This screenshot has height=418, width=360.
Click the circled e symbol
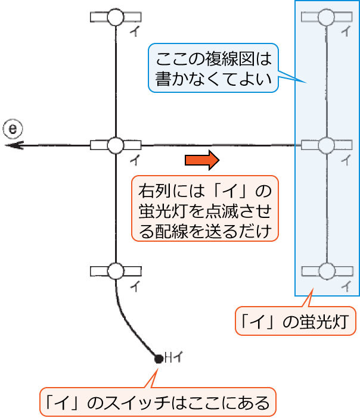(x=12, y=127)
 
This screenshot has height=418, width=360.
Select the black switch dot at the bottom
(x=158, y=358)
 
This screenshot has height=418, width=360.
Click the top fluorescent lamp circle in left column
(x=115, y=17)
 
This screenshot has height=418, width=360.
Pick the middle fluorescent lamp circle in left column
(x=115, y=145)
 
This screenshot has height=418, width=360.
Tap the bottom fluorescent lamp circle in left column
(x=115, y=272)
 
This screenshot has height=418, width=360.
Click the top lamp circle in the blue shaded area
(x=325, y=17)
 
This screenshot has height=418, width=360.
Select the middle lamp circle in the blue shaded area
(x=325, y=145)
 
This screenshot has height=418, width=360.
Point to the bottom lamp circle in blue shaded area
(x=325, y=272)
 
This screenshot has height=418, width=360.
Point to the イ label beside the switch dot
(x=177, y=358)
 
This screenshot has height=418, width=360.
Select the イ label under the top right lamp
(x=345, y=32)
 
